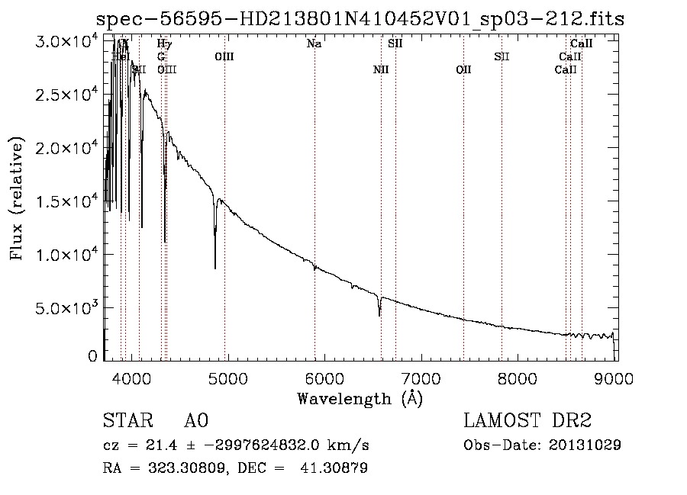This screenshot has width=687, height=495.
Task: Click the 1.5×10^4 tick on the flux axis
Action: pyautogui.click(x=67, y=201)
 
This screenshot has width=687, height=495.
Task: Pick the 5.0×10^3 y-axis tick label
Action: pyautogui.click(x=67, y=308)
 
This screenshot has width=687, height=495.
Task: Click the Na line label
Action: pyautogui.click(x=314, y=44)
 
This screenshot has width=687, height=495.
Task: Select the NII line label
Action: pyautogui.click(x=381, y=70)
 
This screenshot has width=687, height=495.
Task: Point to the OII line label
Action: pyautogui.click(x=463, y=70)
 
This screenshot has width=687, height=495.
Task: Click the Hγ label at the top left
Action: pyautogui.click(x=164, y=44)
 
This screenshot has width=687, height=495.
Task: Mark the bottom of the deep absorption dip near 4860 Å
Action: pyautogui.click(x=214, y=267)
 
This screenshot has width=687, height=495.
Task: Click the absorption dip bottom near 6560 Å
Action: pyautogui.click(x=379, y=314)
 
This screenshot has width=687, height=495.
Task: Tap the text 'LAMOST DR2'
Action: pyautogui.click(x=527, y=421)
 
